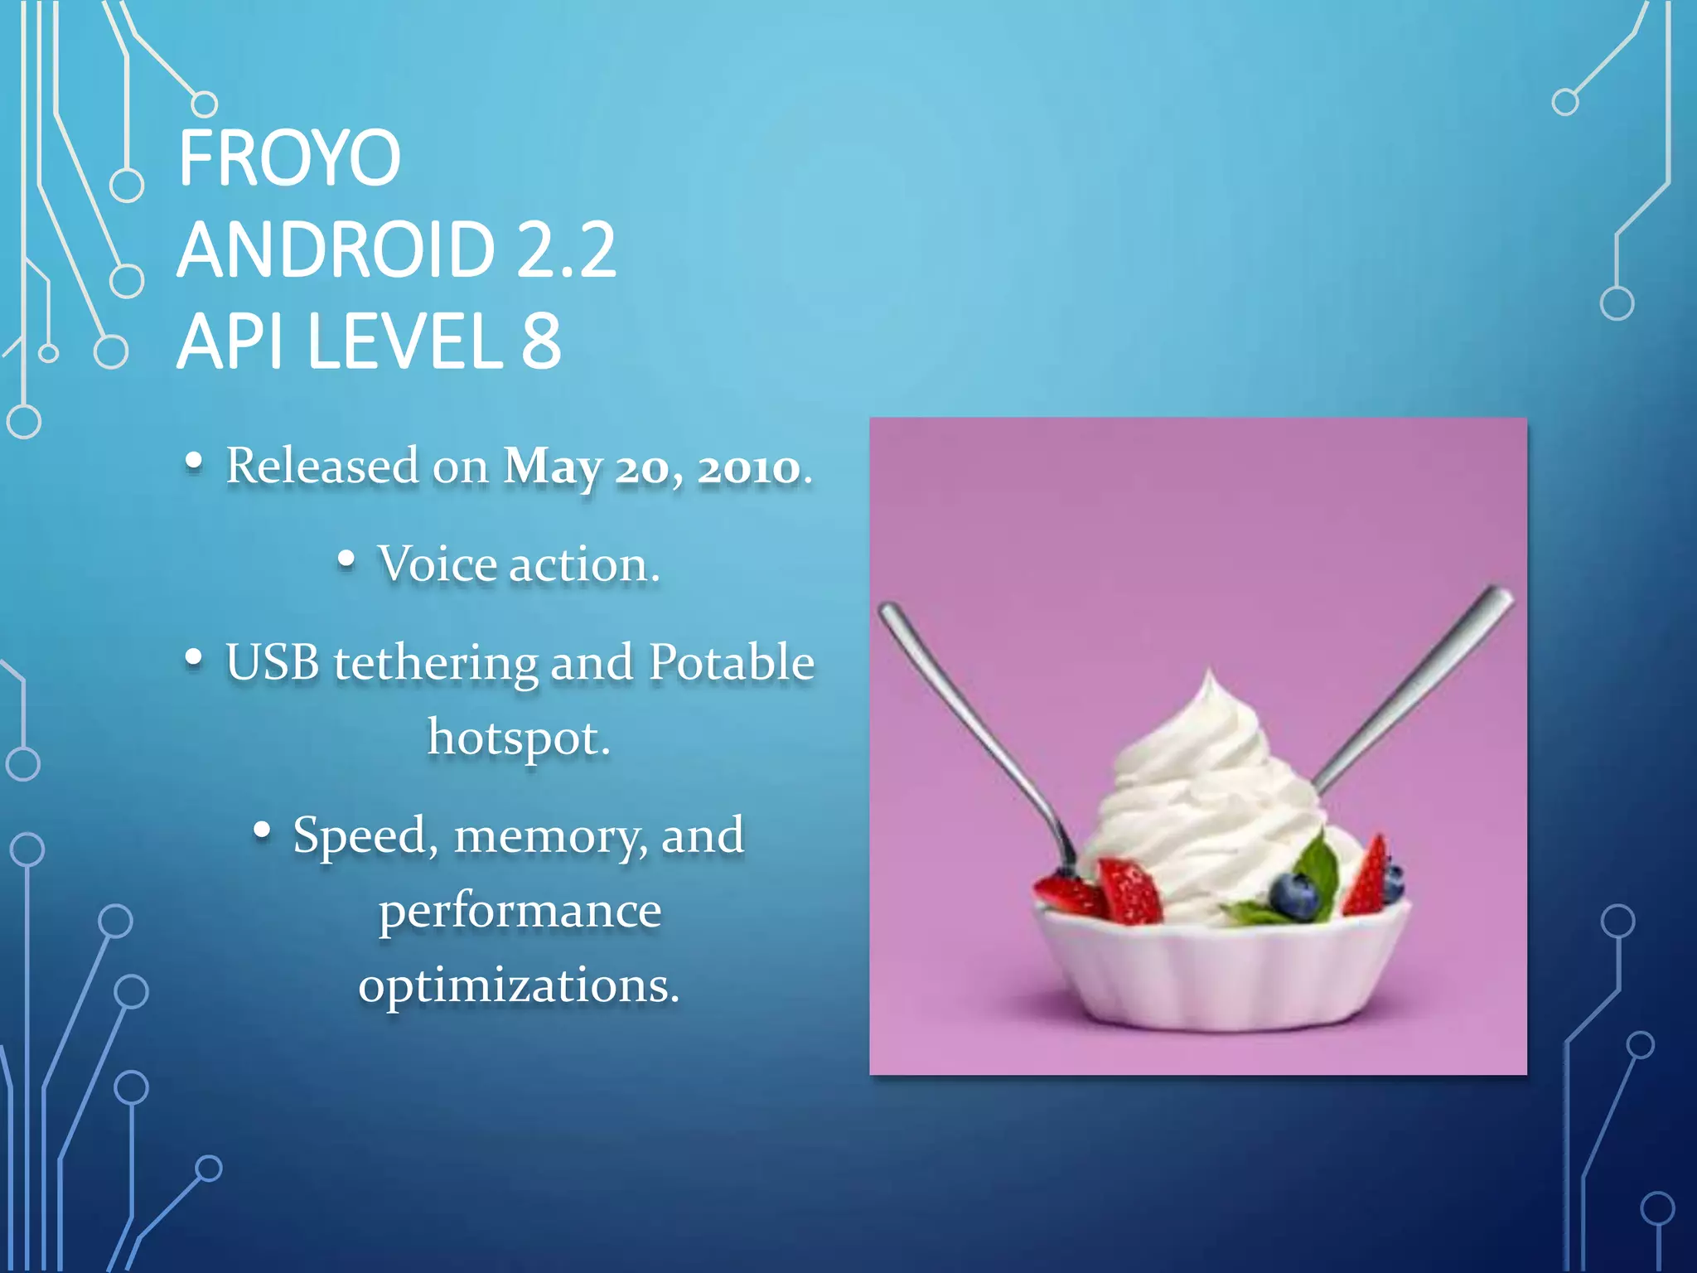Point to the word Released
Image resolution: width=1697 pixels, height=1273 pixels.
322,465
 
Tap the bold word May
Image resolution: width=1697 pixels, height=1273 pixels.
553,467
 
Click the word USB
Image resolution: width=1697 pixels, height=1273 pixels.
272,662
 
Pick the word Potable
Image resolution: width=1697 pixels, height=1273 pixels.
731,662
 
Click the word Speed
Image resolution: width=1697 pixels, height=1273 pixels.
360,835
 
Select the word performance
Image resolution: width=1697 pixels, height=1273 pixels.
520,912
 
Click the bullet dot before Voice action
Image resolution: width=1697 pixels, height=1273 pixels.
346,560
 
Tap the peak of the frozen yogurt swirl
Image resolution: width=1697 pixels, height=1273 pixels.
1210,675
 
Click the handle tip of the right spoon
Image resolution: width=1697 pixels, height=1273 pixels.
1501,594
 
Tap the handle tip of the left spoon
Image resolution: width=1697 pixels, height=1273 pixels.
887,612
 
